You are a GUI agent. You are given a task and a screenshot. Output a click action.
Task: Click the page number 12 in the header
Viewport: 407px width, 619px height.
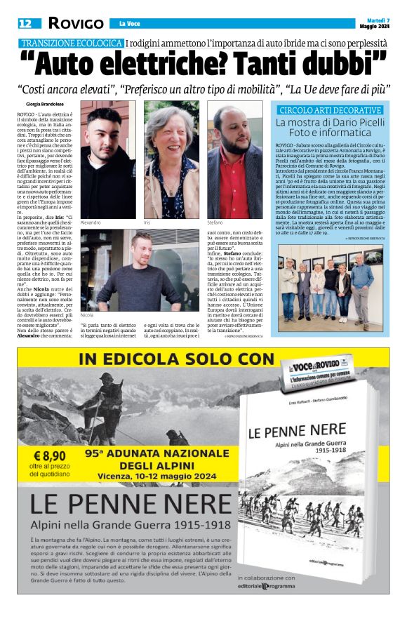click(25, 24)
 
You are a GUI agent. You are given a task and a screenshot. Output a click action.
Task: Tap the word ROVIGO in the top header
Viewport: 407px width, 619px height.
click(76, 24)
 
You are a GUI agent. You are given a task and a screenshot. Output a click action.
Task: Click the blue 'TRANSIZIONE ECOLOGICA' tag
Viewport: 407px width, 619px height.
click(72, 44)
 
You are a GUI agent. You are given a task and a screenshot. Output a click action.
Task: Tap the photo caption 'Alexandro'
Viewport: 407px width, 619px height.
click(92, 222)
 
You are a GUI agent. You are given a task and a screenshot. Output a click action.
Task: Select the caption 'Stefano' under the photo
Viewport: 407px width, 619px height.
click(219, 222)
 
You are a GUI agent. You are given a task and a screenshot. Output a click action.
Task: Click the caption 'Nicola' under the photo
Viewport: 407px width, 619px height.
click(87, 316)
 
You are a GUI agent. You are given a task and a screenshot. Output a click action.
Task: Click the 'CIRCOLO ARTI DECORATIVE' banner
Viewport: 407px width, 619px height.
click(330, 110)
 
